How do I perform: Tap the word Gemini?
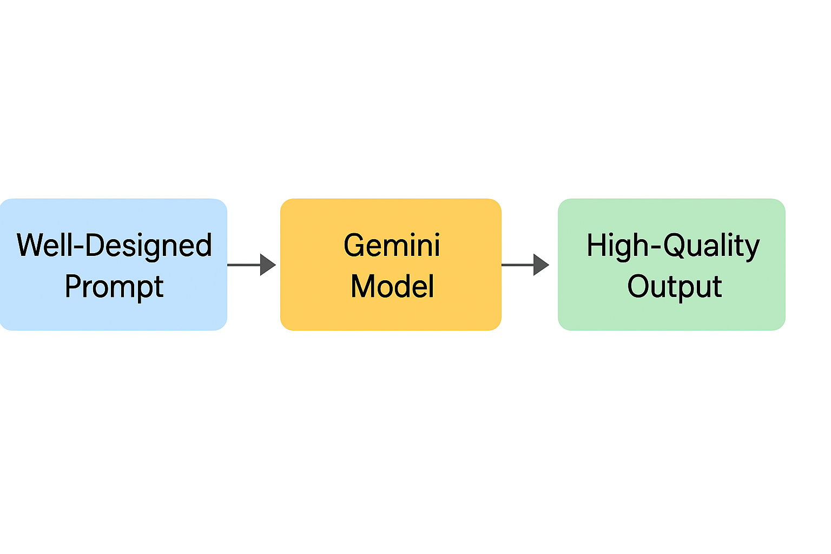(x=392, y=245)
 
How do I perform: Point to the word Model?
(x=392, y=286)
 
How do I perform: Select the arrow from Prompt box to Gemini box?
(x=252, y=265)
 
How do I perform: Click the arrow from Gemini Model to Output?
(x=525, y=265)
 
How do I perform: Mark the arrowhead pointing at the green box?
(x=541, y=265)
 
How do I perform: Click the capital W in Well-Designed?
(x=31, y=245)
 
